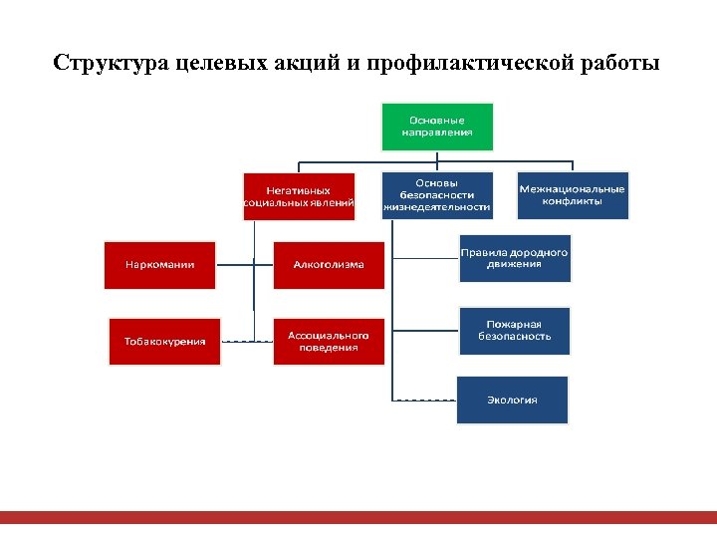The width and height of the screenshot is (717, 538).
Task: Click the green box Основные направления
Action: click(x=437, y=127)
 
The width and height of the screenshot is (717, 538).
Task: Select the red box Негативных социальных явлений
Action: click(x=299, y=195)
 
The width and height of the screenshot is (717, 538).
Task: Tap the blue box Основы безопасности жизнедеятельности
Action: click(x=437, y=195)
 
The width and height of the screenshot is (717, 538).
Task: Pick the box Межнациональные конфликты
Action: click(x=573, y=195)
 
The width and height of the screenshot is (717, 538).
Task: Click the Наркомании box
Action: click(x=159, y=265)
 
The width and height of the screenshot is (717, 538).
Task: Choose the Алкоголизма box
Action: click(x=329, y=265)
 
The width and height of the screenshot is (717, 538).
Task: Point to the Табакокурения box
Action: click(x=164, y=341)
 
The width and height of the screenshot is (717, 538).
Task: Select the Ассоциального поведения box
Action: click(x=329, y=341)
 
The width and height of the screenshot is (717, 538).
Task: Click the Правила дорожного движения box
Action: click(x=514, y=259)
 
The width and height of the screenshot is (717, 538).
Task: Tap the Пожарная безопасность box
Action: click(x=514, y=331)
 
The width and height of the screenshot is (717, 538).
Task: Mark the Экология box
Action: click(x=512, y=400)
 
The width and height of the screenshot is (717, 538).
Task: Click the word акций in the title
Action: click(x=303, y=64)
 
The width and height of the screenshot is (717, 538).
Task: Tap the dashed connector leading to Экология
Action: click(x=425, y=400)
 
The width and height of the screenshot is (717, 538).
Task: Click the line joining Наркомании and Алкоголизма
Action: click(x=244, y=265)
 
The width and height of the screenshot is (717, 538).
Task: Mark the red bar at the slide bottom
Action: click(x=358, y=517)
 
